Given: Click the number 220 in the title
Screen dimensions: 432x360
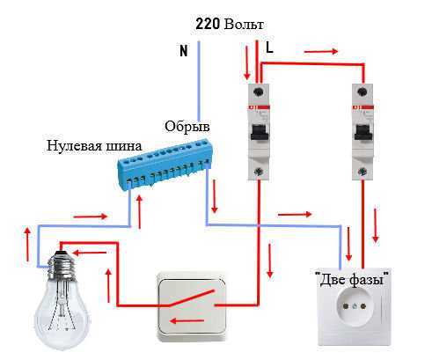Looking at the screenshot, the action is (208, 24).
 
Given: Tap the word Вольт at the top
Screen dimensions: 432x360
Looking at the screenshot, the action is (244, 25).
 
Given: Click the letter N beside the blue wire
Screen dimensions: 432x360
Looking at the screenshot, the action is (184, 51).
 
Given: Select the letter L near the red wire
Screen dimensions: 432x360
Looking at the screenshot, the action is (269, 48).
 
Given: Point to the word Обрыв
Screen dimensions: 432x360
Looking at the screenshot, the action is (187, 127).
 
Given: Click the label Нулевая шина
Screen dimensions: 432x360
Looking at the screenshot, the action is (94, 146).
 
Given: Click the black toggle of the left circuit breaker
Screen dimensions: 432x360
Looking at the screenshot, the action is (259, 132).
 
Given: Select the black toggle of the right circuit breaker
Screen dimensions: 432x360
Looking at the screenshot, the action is (363, 132).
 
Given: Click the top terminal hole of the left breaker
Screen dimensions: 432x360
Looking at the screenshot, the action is (259, 92).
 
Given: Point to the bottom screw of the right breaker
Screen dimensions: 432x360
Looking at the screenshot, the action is (363, 172).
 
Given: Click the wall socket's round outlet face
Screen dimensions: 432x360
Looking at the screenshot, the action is (355, 305).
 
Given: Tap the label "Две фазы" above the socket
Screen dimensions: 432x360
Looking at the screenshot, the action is (352, 279).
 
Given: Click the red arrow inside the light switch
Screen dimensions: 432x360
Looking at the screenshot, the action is (187, 320).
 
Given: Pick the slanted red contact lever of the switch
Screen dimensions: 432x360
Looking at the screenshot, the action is (193, 298).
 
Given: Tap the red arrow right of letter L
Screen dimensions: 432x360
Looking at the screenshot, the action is (321, 52).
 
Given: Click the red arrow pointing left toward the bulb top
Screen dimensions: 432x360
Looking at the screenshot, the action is (89, 253).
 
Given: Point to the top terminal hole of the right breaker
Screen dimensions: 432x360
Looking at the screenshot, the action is (363, 92).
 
